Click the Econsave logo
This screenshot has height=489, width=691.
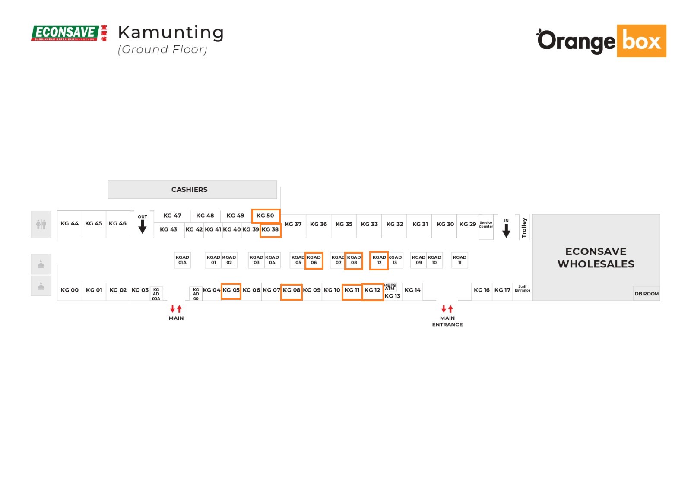(69, 33)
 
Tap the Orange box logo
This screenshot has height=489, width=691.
(601, 41)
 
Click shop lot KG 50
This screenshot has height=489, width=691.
(266, 216)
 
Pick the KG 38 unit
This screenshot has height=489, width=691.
(270, 229)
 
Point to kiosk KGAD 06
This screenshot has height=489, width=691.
(314, 260)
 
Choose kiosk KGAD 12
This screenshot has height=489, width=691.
(379, 260)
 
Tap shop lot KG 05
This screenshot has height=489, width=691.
(231, 290)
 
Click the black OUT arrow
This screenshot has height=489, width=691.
(143, 226)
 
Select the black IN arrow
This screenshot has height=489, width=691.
(506, 230)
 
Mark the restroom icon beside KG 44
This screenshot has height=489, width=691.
(41, 224)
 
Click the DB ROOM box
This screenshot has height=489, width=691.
(647, 294)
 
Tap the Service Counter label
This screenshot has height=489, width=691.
(486, 225)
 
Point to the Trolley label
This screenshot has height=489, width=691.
(524, 228)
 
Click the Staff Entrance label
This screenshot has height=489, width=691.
(522, 289)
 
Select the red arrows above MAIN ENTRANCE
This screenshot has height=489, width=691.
(447, 309)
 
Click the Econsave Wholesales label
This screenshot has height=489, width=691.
(596, 257)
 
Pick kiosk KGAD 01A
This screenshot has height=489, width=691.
(182, 260)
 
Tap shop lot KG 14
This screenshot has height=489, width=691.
(412, 290)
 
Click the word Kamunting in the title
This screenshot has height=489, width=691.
(171, 32)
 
